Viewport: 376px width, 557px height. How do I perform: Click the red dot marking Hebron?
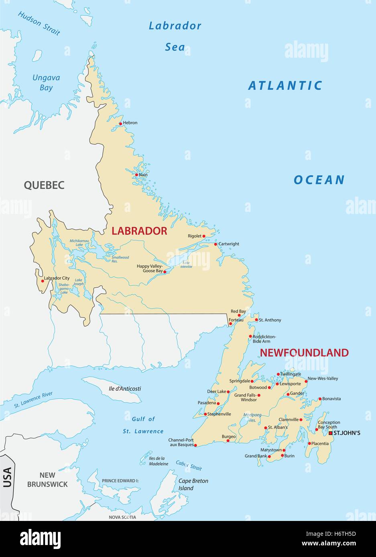[120, 123]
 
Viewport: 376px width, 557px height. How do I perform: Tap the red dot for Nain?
[136, 175]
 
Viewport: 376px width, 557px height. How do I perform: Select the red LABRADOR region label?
[139, 231]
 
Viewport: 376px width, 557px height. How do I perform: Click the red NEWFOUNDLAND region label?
[304, 353]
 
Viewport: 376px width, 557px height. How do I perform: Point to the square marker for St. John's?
[330, 433]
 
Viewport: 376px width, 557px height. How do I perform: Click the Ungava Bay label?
[46, 82]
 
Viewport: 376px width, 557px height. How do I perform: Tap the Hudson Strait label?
[39, 23]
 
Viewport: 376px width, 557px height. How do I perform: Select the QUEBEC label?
[44, 185]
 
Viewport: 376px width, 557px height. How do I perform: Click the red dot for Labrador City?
[43, 281]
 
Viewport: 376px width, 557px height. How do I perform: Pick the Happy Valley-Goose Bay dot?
[165, 271]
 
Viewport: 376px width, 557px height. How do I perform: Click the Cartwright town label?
[229, 244]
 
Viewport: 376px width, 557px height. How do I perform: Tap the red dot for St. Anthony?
[256, 320]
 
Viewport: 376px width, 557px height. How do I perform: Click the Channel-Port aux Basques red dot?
[195, 445]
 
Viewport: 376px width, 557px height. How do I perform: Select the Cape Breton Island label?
[193, 484]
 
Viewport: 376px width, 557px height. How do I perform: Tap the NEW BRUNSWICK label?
[47, 480]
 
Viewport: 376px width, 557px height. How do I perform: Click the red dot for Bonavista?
[320, 399]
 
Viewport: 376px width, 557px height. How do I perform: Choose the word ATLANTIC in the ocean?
[285, 85]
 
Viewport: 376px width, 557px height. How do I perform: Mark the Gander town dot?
[288, 394]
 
